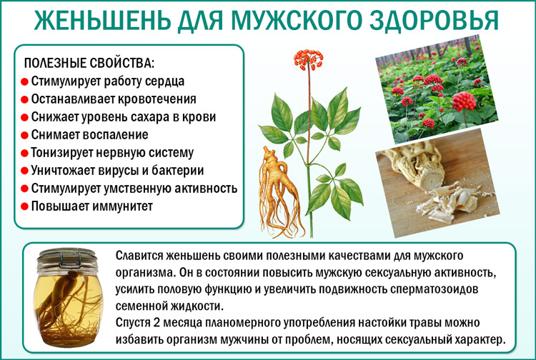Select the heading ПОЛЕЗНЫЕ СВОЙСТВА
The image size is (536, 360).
point(89,63)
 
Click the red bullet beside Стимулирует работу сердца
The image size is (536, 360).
point(24,81)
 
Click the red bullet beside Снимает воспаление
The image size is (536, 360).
point(24,135)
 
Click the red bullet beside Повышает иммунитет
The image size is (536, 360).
point(24,206)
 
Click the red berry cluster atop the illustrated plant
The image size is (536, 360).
point(309,59)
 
